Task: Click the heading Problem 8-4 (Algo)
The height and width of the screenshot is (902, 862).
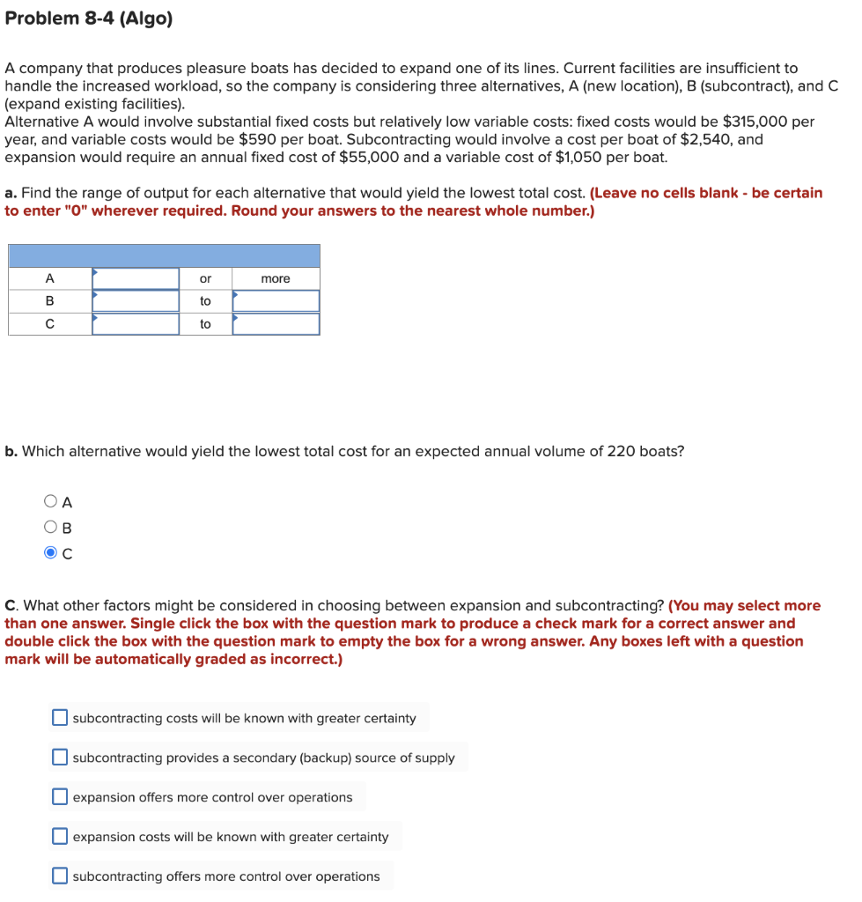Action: click(88, 18)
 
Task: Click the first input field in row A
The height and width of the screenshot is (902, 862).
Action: click(136, 278)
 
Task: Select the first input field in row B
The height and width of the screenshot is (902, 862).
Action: click(136, 301)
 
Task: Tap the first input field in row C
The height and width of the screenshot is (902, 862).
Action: click(136, 324)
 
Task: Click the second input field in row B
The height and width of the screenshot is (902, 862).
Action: click(276, 301)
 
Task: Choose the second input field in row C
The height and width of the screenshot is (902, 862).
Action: click(276, 324)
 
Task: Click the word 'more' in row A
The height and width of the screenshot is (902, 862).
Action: click(276, 278)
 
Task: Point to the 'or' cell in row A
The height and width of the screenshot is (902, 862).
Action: click(205, 278)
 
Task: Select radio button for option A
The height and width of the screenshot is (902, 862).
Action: click(50, 502)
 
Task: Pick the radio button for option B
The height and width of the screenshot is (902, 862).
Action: click(50, 528)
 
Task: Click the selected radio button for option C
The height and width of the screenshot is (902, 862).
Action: click(50, 553)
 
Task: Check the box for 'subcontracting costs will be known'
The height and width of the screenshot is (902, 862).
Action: click(59, 718)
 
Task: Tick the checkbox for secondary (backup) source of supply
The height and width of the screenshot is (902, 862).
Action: click(59, 758)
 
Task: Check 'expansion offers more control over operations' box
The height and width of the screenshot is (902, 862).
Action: click(59, 797)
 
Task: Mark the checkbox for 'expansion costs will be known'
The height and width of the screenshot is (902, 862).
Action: click(59, 837)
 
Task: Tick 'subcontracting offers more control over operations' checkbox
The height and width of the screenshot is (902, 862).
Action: click(59, 876)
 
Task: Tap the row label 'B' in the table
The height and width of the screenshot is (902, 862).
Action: click(49, 301)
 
